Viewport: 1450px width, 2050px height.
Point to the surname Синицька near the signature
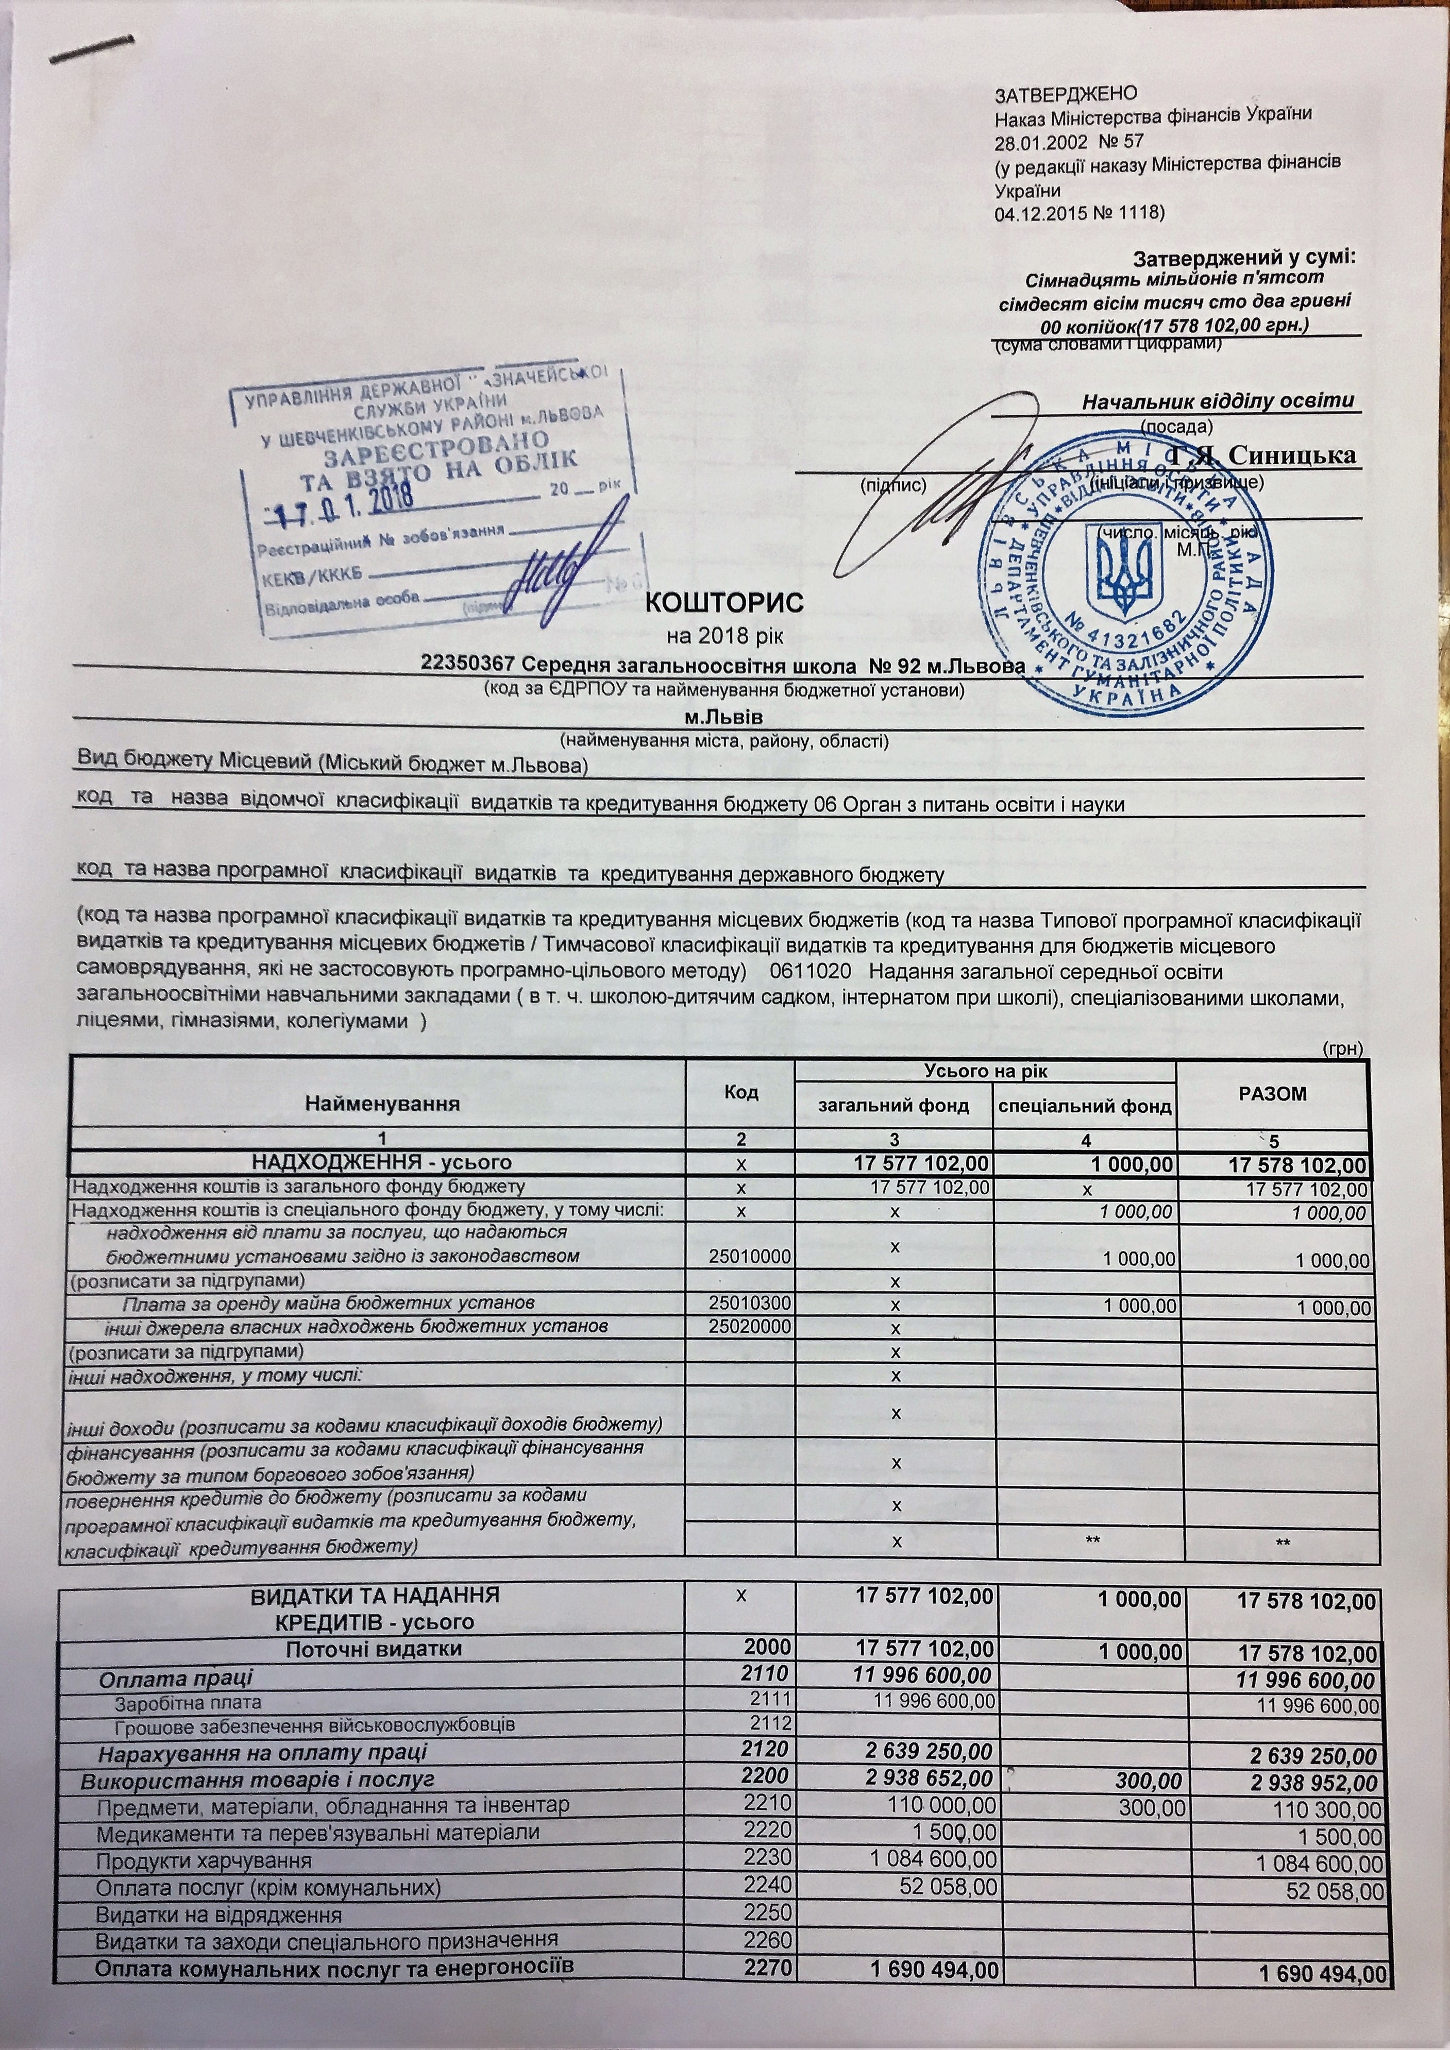(1292, 455)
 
